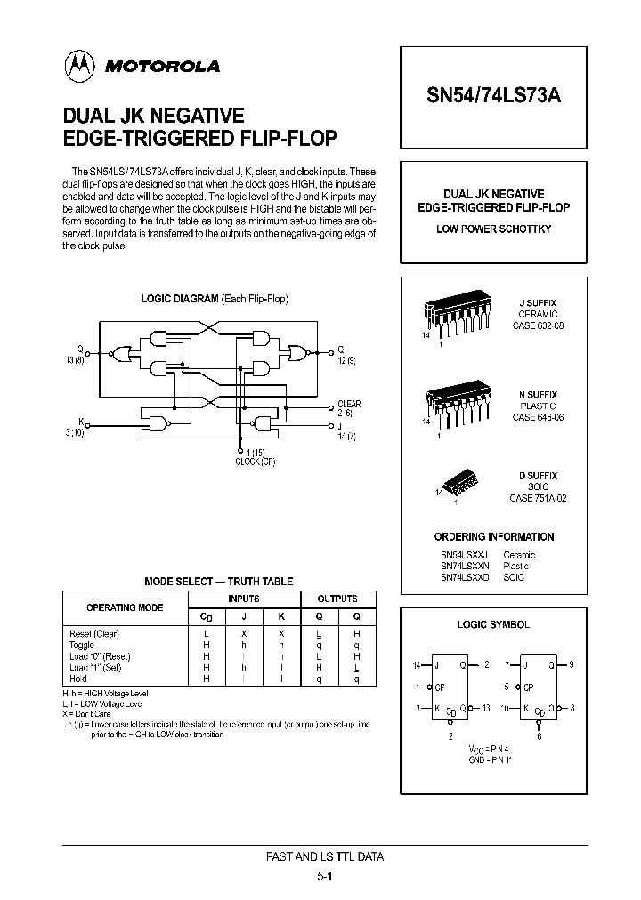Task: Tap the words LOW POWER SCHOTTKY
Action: coord(493,229)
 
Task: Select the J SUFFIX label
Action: coord(538,303)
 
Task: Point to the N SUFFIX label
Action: coord(538,394)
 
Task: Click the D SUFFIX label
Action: coord(538,477)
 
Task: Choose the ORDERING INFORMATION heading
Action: coord(493,537)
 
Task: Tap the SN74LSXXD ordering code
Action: coord(464,577)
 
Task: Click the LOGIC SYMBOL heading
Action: coord(493,624)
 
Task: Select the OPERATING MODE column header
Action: coord(124,607)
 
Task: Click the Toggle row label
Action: coord(81,644)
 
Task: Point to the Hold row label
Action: coord(77,678)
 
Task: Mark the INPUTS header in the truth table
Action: coord(244,599)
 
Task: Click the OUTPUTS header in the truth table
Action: coord(337,599)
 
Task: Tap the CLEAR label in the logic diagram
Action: coord(349,404)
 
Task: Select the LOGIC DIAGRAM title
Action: coord(215,299)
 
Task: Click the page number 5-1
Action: coord(325,876)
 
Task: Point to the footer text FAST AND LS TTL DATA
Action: coord(325,857)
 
